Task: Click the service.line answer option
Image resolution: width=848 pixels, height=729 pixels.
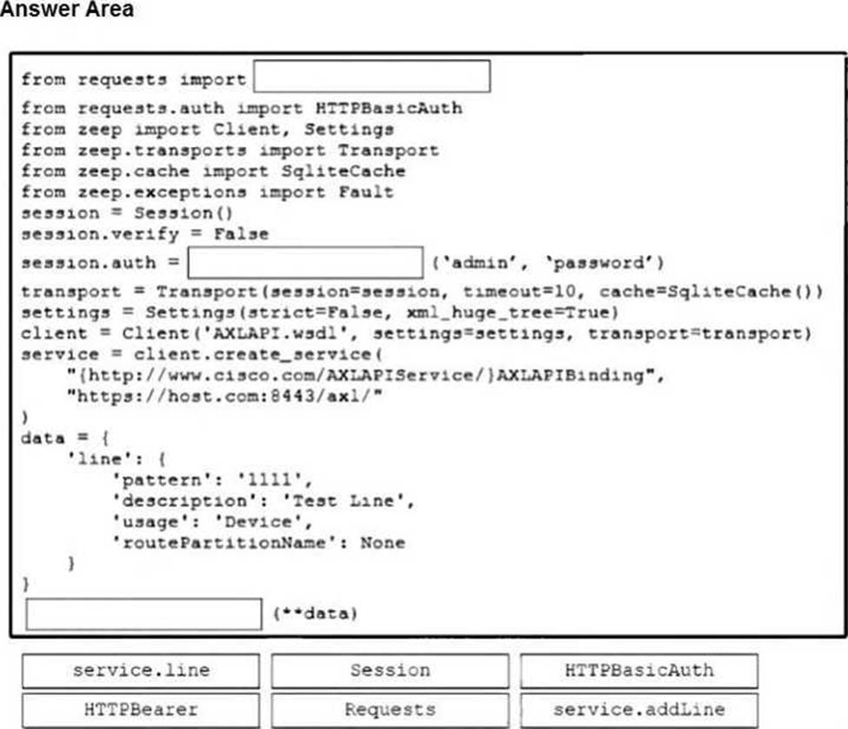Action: tap(141, 671)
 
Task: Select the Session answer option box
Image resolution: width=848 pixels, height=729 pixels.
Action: tap(390, 671)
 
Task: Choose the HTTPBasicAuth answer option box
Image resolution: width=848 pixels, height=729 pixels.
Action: tap(639, 671)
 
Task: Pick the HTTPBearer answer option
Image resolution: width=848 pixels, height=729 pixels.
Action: tap(141, 709)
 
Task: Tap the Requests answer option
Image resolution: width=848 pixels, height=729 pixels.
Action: tap(390, 709)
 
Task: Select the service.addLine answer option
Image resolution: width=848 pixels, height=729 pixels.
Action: tap(639, 709)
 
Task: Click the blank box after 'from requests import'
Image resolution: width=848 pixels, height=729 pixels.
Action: tap(371, 77)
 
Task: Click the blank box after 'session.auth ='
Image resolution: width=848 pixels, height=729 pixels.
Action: tap(305, 263)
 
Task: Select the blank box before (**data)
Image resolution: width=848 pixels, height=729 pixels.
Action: tap(144, 613)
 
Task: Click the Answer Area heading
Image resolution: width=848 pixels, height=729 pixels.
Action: tap(67, 10)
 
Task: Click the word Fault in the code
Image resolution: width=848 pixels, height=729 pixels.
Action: tap(366, 192)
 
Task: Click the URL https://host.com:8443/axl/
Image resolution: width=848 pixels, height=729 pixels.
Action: tap(225, 396)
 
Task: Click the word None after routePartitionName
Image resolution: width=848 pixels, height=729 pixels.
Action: tap(383, 543)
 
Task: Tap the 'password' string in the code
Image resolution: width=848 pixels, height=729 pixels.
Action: tap(608, 263)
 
